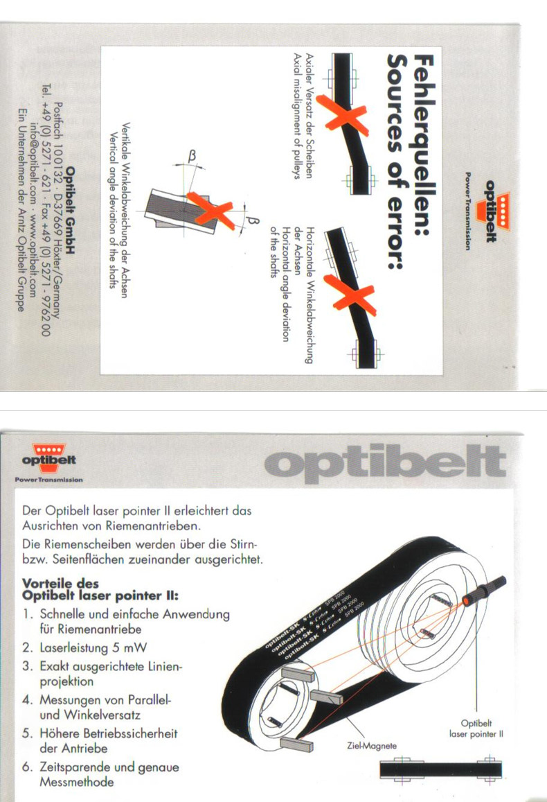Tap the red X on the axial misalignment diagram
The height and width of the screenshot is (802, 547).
point(343,116)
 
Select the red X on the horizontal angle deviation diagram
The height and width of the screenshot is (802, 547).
point(350,295)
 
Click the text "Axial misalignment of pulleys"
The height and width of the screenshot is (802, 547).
point(297,116)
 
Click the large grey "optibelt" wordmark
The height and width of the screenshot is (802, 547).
point(385,464)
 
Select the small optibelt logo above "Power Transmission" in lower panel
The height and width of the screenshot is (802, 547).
point(49,455)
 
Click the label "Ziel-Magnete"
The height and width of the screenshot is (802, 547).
point(371,746)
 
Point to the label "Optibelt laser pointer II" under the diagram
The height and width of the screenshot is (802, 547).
point(476,729)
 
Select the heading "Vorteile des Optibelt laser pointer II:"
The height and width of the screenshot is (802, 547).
point(100,589)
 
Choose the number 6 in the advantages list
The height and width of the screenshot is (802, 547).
point(26,767)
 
